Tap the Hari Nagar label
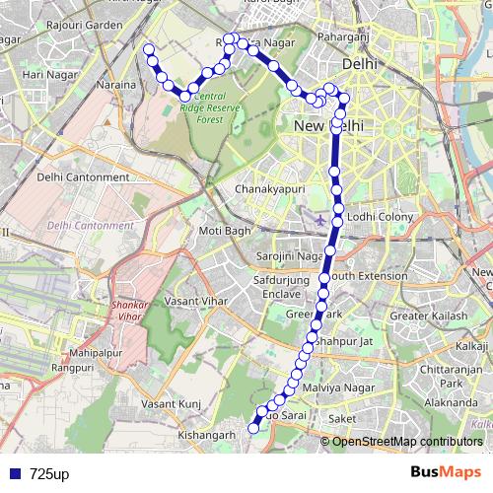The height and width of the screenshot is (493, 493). click(x=44, y=75)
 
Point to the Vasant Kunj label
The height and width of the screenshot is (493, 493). click(x=172, y=404)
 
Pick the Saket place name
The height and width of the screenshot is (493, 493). click(x=341, y=419)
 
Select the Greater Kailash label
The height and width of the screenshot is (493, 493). click(x=431, y=316)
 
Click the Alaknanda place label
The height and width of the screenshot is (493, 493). click(x=444, y=403)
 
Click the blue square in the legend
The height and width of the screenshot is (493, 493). click(x=14, y=474)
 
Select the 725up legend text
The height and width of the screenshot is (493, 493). click(x=49, y=474)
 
